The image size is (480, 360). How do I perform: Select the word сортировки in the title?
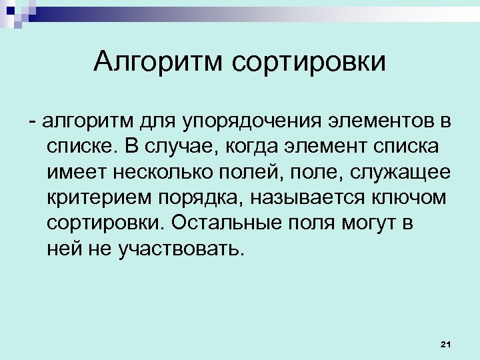tap(309, 62)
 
